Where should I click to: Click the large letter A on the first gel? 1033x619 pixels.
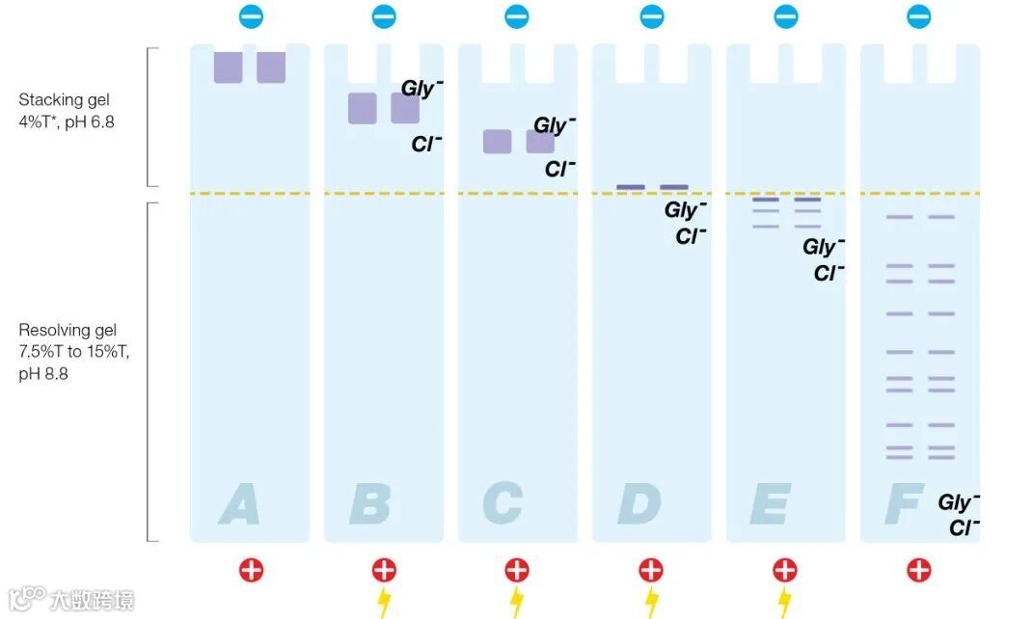tap(239, 504)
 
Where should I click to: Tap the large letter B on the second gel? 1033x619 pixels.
tap(370, 504)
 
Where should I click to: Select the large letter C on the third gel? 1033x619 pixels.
tap(503, 504)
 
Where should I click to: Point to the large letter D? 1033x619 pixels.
tap(639, 504)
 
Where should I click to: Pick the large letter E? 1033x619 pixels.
tap(772, 504)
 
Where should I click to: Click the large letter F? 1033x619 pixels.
tap(903, 504)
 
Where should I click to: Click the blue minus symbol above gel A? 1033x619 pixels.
tap(250, 16)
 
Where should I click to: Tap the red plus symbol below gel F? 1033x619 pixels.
tap(919, 570)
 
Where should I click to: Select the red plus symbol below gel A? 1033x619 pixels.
tap(251, 570)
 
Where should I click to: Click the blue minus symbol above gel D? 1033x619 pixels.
tap(652, 16)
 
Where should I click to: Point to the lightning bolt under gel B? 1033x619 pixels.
tap(384, 603)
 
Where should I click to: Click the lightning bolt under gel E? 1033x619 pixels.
tap(785, 603)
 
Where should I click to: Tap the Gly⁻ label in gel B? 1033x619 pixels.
tap(421, 89)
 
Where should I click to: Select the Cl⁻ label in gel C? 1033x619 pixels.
tap(559, 169)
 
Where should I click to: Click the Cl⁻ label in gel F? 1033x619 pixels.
tap(964, 527)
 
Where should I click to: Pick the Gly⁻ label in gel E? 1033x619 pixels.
tap(824, 247)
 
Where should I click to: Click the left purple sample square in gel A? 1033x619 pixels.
tap(228, 67)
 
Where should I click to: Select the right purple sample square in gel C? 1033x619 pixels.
tap(540, 142)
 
